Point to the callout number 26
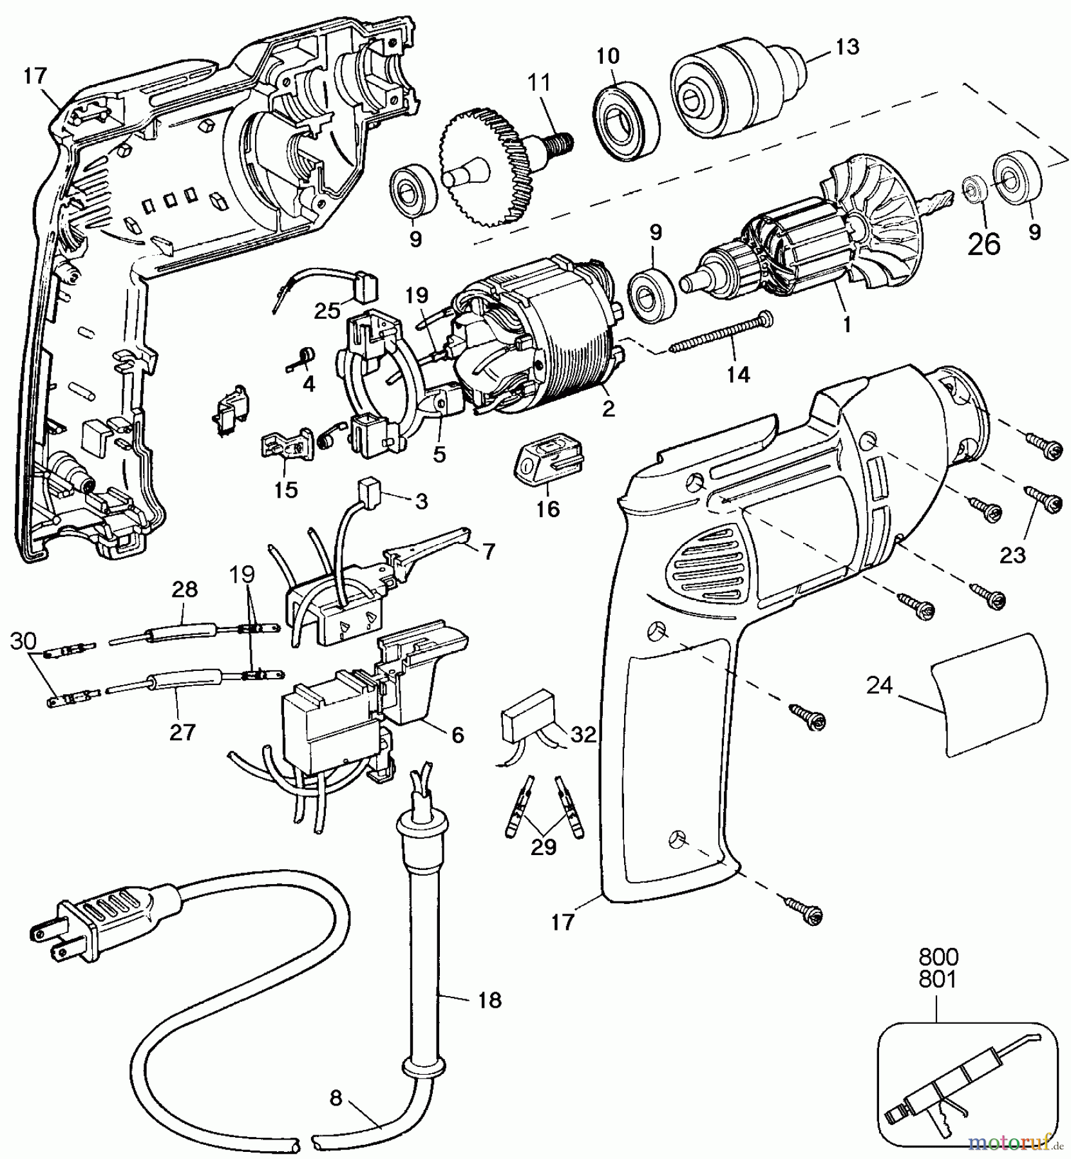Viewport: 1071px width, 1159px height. tap(985, 244)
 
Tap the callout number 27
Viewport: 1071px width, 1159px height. tap(182, 732)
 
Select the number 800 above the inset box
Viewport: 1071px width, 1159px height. tap(937, 955)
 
